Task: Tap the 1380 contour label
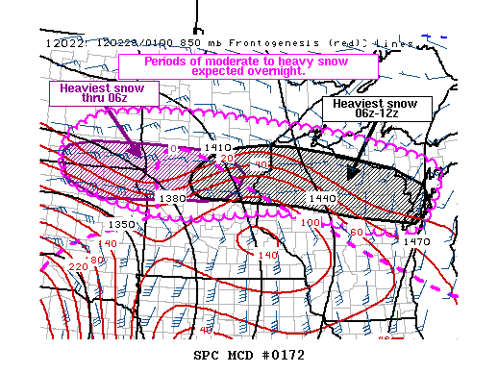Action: [x=172, y=198]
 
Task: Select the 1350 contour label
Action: [x=121, y=224]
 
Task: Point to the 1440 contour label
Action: [x=321, y=197]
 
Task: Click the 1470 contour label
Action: [x=417, y=241]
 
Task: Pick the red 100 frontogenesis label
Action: [x=311, y=222]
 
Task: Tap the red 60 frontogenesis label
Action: [x=355, y=232]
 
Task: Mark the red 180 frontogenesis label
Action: [x=95, y=261]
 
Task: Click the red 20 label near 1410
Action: [x=227, y=158]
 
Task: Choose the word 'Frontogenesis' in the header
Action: [x=244, y=42]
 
